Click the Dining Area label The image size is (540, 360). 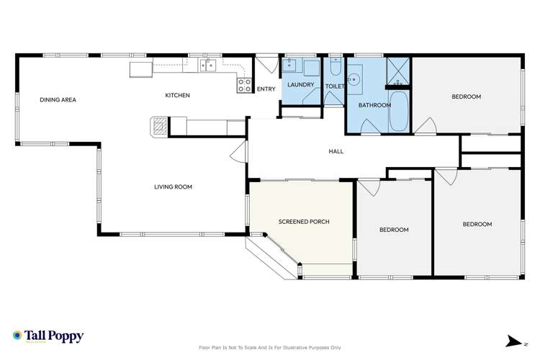(58, 99)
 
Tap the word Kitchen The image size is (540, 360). (177, 95)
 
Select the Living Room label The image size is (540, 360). (173, 187)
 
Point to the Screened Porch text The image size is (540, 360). (304, 222)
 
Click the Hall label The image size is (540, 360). (336, 151)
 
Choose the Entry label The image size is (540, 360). (266, 89)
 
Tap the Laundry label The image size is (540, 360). (300, 85)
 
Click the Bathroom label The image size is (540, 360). (374, 105)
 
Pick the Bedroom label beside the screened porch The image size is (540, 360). (394, 230)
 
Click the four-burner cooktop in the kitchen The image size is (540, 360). (245, 85)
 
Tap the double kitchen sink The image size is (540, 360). (208, 67)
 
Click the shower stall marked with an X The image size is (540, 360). (398, 69)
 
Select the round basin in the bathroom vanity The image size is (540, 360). (354, 80)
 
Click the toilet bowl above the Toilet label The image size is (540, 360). (335, 68)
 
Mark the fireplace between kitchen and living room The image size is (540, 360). (158, 127)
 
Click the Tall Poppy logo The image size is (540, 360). (48, 336)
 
